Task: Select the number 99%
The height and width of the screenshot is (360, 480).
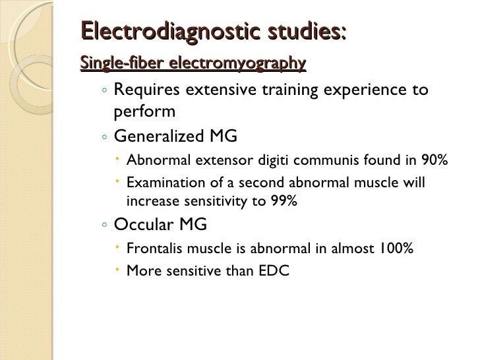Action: coord(284,202)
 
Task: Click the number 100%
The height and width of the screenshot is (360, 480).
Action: coord(396,249)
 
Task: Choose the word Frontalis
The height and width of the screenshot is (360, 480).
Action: coord(153,249)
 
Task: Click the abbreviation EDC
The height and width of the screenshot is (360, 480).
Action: coord(274,270)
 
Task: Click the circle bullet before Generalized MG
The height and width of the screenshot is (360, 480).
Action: coord(105,137)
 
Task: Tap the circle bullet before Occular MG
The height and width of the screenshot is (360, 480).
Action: coord(105,225)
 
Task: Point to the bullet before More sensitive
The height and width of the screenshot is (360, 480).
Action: coord(117,270)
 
